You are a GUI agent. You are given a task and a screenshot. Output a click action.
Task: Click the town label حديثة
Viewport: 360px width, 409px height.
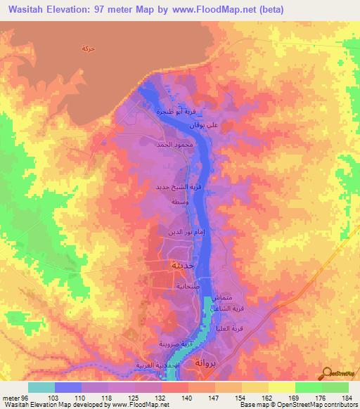(x=175, y=266)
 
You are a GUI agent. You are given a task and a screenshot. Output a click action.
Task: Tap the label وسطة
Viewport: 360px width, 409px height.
(x=179, y=201)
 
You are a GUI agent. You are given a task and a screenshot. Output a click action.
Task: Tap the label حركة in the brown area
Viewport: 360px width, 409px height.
(x=88, y=48)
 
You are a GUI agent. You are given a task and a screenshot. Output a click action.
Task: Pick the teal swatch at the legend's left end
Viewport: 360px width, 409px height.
(x=41, y=387)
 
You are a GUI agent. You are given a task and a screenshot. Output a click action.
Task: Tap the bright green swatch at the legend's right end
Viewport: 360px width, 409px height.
(x=335, y=387)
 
